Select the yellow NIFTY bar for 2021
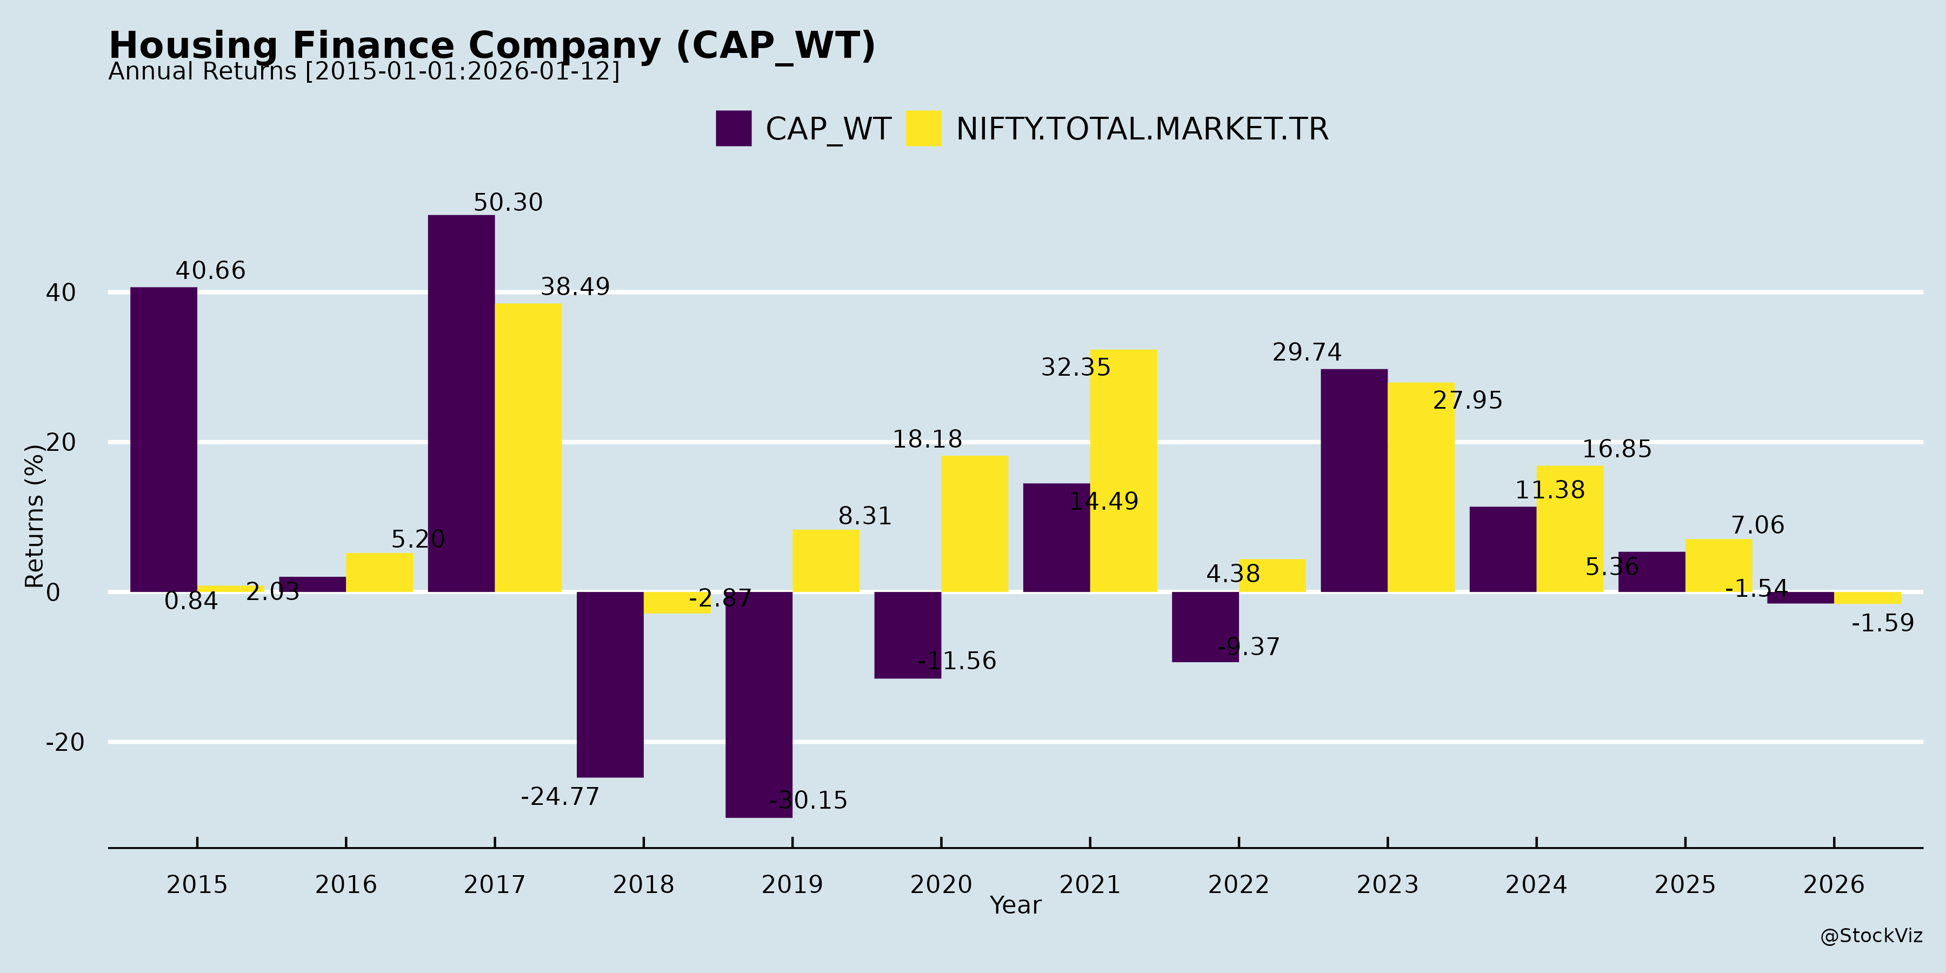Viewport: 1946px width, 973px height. (1123, 471)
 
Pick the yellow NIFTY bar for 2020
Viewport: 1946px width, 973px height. (975, 523)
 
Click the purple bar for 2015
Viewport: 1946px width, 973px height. (163, 439)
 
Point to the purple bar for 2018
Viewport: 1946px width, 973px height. (610, 684)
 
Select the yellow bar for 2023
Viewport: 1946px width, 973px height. (1421, 487)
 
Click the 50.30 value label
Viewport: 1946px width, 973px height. (508, 203)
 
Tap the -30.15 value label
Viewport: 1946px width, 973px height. (808, 800)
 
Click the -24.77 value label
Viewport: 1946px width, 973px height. (560, 796)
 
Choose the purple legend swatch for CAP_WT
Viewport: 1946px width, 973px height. (734, 129)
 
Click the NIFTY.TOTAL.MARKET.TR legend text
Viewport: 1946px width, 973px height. (1142, 129)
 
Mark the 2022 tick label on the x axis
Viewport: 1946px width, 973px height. (1238, 884)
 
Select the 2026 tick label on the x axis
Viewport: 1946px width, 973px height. (1834, 884)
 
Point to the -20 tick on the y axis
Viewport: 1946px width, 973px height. (65, 742)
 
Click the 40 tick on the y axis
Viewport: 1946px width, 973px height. (61, 292)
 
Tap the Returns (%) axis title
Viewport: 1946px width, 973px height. (35, 516)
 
